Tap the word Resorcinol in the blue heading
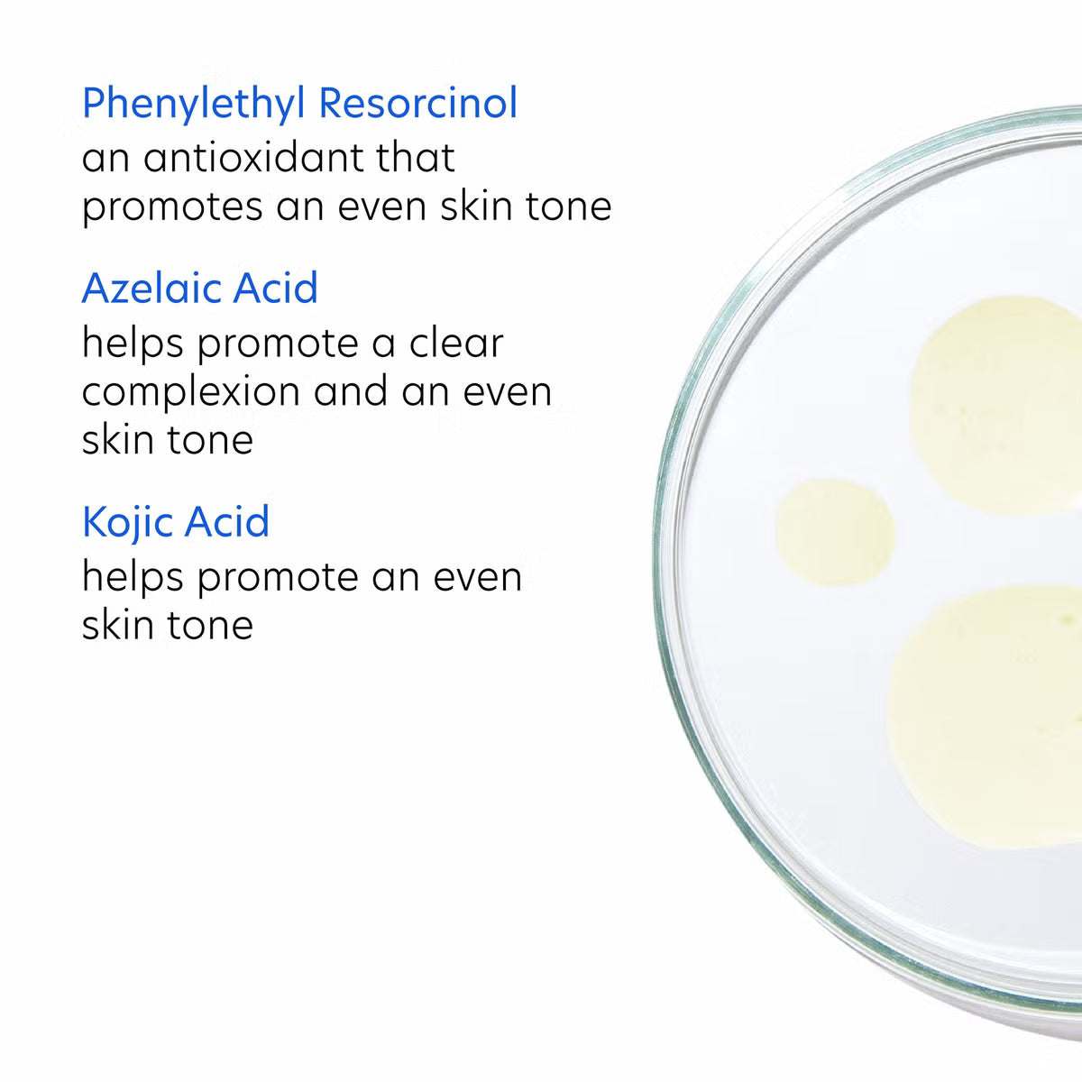pos(418,103)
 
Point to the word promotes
pos(172,207)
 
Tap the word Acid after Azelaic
pos(275,288)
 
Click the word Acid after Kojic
pos(227,522)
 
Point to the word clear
pos(456,344)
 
